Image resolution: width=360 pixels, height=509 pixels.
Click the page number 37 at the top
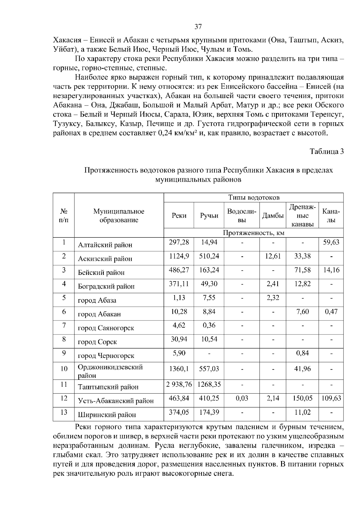click(x=198, y=27)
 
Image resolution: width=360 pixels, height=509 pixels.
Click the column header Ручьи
click(x=209, y=216)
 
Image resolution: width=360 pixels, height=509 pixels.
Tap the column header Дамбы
click(x=273, y=216)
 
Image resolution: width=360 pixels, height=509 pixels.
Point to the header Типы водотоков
click(x=254, y=198)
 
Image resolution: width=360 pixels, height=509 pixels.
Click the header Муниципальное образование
click(x=119, y=216)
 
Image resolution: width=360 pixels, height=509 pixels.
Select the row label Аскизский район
click(x=105, y=259)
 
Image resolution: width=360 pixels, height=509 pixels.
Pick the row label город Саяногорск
click(x=106, y=328)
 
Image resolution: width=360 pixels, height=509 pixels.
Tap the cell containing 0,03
click(x=242, y=398)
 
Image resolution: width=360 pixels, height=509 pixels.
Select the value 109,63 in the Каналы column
click(x=331, y=398)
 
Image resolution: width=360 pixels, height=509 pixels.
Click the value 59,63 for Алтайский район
click(x=331, y=242)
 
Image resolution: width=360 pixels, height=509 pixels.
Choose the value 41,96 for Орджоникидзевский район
click(x=302, y=369)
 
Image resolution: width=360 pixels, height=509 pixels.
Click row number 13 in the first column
click(x=64, y=412)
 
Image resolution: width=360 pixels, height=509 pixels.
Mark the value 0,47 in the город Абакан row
click(x=331, y=311)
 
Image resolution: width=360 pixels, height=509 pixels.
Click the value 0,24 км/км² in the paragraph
click(x=177, y=133)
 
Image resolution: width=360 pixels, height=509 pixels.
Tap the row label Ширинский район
click(x=107, y=415)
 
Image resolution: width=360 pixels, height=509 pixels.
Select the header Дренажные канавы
click(x=302, y=216)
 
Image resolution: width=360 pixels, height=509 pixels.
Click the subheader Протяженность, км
click(x=254, y=233)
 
